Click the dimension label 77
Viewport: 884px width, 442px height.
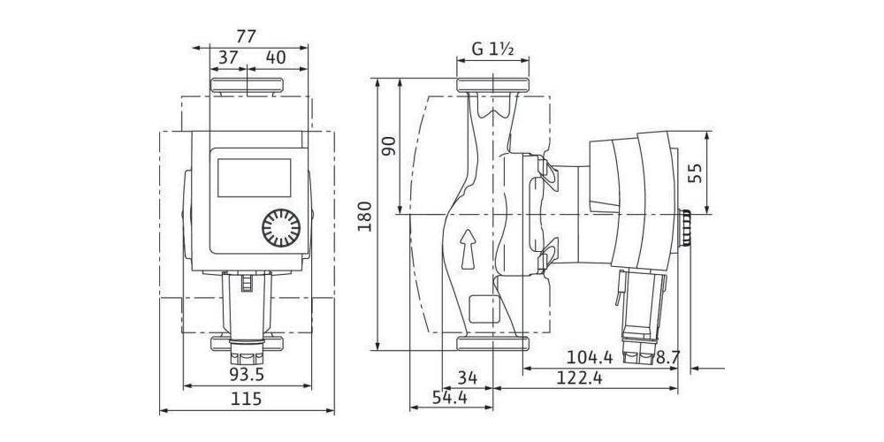[x=247, y=36]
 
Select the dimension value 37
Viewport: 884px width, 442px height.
[x=227, y=57]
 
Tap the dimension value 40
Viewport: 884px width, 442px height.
[x=275, y=57]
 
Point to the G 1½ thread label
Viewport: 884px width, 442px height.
[x=492, y=50]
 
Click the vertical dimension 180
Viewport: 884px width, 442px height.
[x=365, y=216]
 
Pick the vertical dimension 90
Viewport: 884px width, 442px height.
[x=390, y=146]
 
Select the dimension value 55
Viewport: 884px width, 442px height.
[x=696, y=173]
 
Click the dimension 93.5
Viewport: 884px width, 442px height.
[x=247, y=374]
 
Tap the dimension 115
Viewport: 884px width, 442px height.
[x=247, y=399]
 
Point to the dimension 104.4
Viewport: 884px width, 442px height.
[x=590, y=357]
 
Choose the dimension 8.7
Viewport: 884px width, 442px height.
[x=668, y=357]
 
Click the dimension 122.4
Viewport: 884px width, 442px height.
[x=580, y=377]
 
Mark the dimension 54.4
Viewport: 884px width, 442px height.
[x=450, y=398]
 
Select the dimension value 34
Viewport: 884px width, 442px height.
[x=467, y=377]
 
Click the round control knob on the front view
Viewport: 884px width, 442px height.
[x=281, y=228]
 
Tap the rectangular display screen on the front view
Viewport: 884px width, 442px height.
[x=255, y=178]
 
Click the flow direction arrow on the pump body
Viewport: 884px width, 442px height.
[x=468, y=249]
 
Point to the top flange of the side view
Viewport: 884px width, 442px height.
[x=492, y=86]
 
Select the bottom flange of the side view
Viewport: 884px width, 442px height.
[x=492, y=343]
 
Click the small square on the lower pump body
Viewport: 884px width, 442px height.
[x=484, y=309]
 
